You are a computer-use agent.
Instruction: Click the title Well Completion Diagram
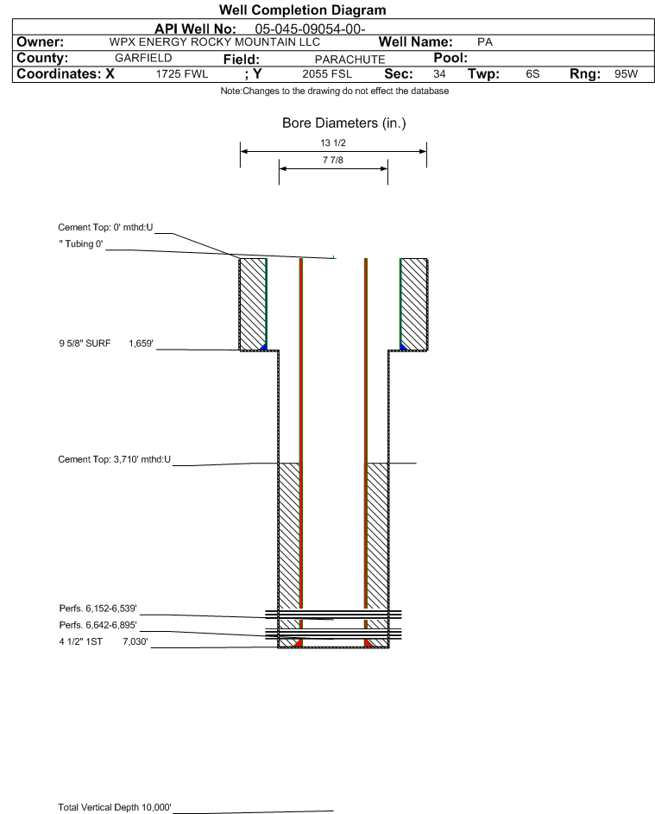pyautogui.click(x=303, y=9)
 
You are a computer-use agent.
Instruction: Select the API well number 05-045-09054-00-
pyautogui.click(x=310, y=29)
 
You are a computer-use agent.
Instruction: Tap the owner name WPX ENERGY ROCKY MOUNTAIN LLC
pyautogui.click(x=214, y=42)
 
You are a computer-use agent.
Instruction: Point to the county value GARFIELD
pyautogui.click(x=143, y=58)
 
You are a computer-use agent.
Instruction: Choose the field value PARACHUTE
pyautogui.click(x=350, y=60)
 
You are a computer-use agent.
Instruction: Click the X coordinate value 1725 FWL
pyautogui.click(x=181, y=74)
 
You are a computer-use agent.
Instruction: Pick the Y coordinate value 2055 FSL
pyautogui.click(x=327, y=74)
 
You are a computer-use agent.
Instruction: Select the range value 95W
pyautogui.click(x=626, y=73)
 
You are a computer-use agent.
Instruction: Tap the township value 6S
pyautogui.click(x=532, y=73)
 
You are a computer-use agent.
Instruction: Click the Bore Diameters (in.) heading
pyautogui.click(x=344, y=123)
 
